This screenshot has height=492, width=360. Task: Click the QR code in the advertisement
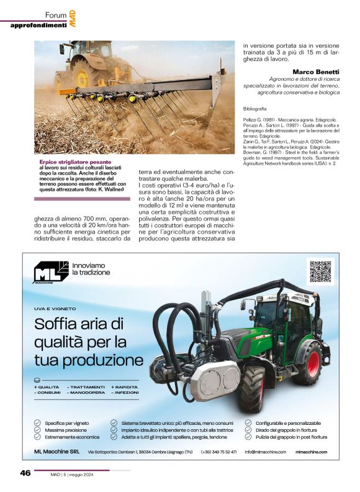click(x=320, y=271)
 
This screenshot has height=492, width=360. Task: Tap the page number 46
click(x=25, y=473)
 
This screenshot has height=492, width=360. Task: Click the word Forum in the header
click(x=56, y=15)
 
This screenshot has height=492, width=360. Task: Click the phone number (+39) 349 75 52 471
click(x=218, y=452)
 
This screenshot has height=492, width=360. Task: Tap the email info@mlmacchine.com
click(x=265, y=452)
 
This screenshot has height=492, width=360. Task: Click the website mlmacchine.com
click(x=312, y=452)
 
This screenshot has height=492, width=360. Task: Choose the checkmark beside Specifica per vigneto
click(x=37, y=423)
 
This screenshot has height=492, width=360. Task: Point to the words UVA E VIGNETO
click(x=55, y=308)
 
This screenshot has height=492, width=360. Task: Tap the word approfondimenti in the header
click(x=38, y=25)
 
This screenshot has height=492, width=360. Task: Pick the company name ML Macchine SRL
click(x=56, y=452)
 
